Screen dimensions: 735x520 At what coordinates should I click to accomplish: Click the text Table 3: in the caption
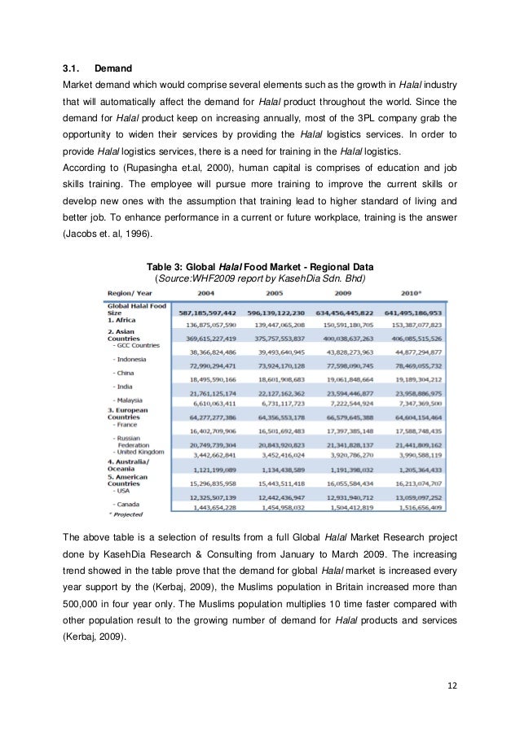point(164,265)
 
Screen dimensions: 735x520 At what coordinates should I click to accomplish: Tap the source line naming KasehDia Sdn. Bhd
point(261,278)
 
